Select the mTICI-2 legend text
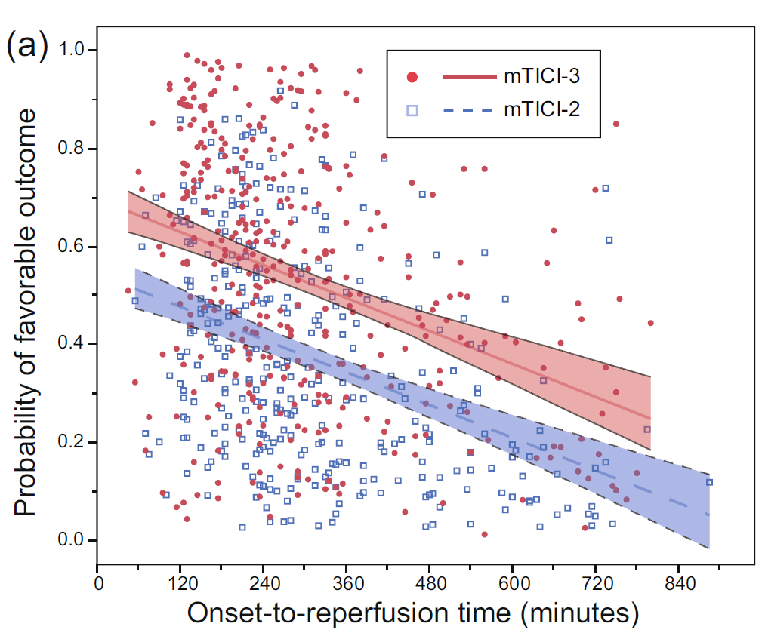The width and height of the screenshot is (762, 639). [543, 110]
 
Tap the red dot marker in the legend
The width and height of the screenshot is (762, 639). [412, 77]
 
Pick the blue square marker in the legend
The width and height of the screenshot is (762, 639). [412, 110]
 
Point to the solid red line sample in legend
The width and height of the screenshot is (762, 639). [467, 77]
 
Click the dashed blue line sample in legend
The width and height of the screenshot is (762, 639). [467, 110]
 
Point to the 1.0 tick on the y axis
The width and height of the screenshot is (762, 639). [72, 51]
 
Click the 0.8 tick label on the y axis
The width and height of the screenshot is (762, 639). [72, 149]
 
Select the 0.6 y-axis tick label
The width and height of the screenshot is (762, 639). [72, 247]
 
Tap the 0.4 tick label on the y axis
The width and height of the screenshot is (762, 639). [72, 344]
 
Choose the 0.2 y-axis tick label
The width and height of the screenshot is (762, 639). [72, 442]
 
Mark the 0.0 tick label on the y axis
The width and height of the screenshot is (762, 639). [72, 540]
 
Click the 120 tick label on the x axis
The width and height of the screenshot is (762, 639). [180, 585]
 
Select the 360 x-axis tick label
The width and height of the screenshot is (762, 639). [347, 585]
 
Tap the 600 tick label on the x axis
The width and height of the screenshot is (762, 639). [513, 585]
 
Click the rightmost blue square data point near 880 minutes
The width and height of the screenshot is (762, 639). [709, 482]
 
